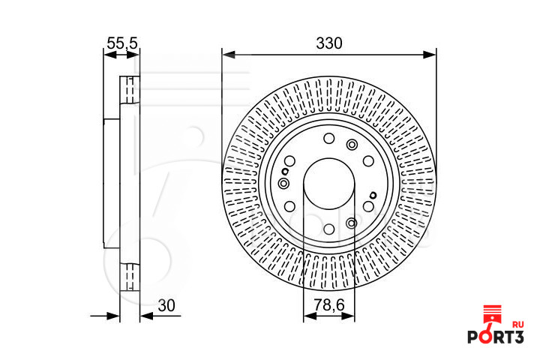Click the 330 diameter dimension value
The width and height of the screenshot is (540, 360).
328,43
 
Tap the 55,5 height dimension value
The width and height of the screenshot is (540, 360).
121,43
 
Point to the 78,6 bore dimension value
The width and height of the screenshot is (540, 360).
328,305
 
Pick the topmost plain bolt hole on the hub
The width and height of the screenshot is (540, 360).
328,138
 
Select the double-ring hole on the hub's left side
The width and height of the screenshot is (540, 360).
283,184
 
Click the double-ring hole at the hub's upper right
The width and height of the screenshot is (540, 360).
352,145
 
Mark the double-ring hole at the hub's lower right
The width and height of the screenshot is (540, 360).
352,223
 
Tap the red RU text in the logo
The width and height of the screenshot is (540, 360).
517,325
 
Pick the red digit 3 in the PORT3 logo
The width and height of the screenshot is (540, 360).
517,338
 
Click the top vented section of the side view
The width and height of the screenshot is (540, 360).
130,90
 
